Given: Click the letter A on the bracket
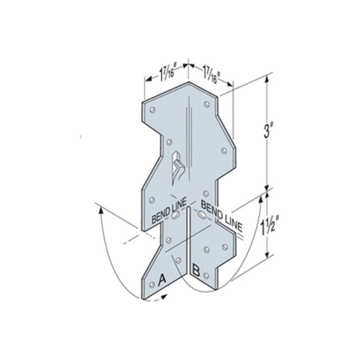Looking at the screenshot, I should pyautogui.click(x=163, y=278).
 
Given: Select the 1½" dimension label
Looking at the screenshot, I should pyautogui.click(x=268, y=220).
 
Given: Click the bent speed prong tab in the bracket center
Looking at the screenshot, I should pyautogui.click(x=178, y=164).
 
